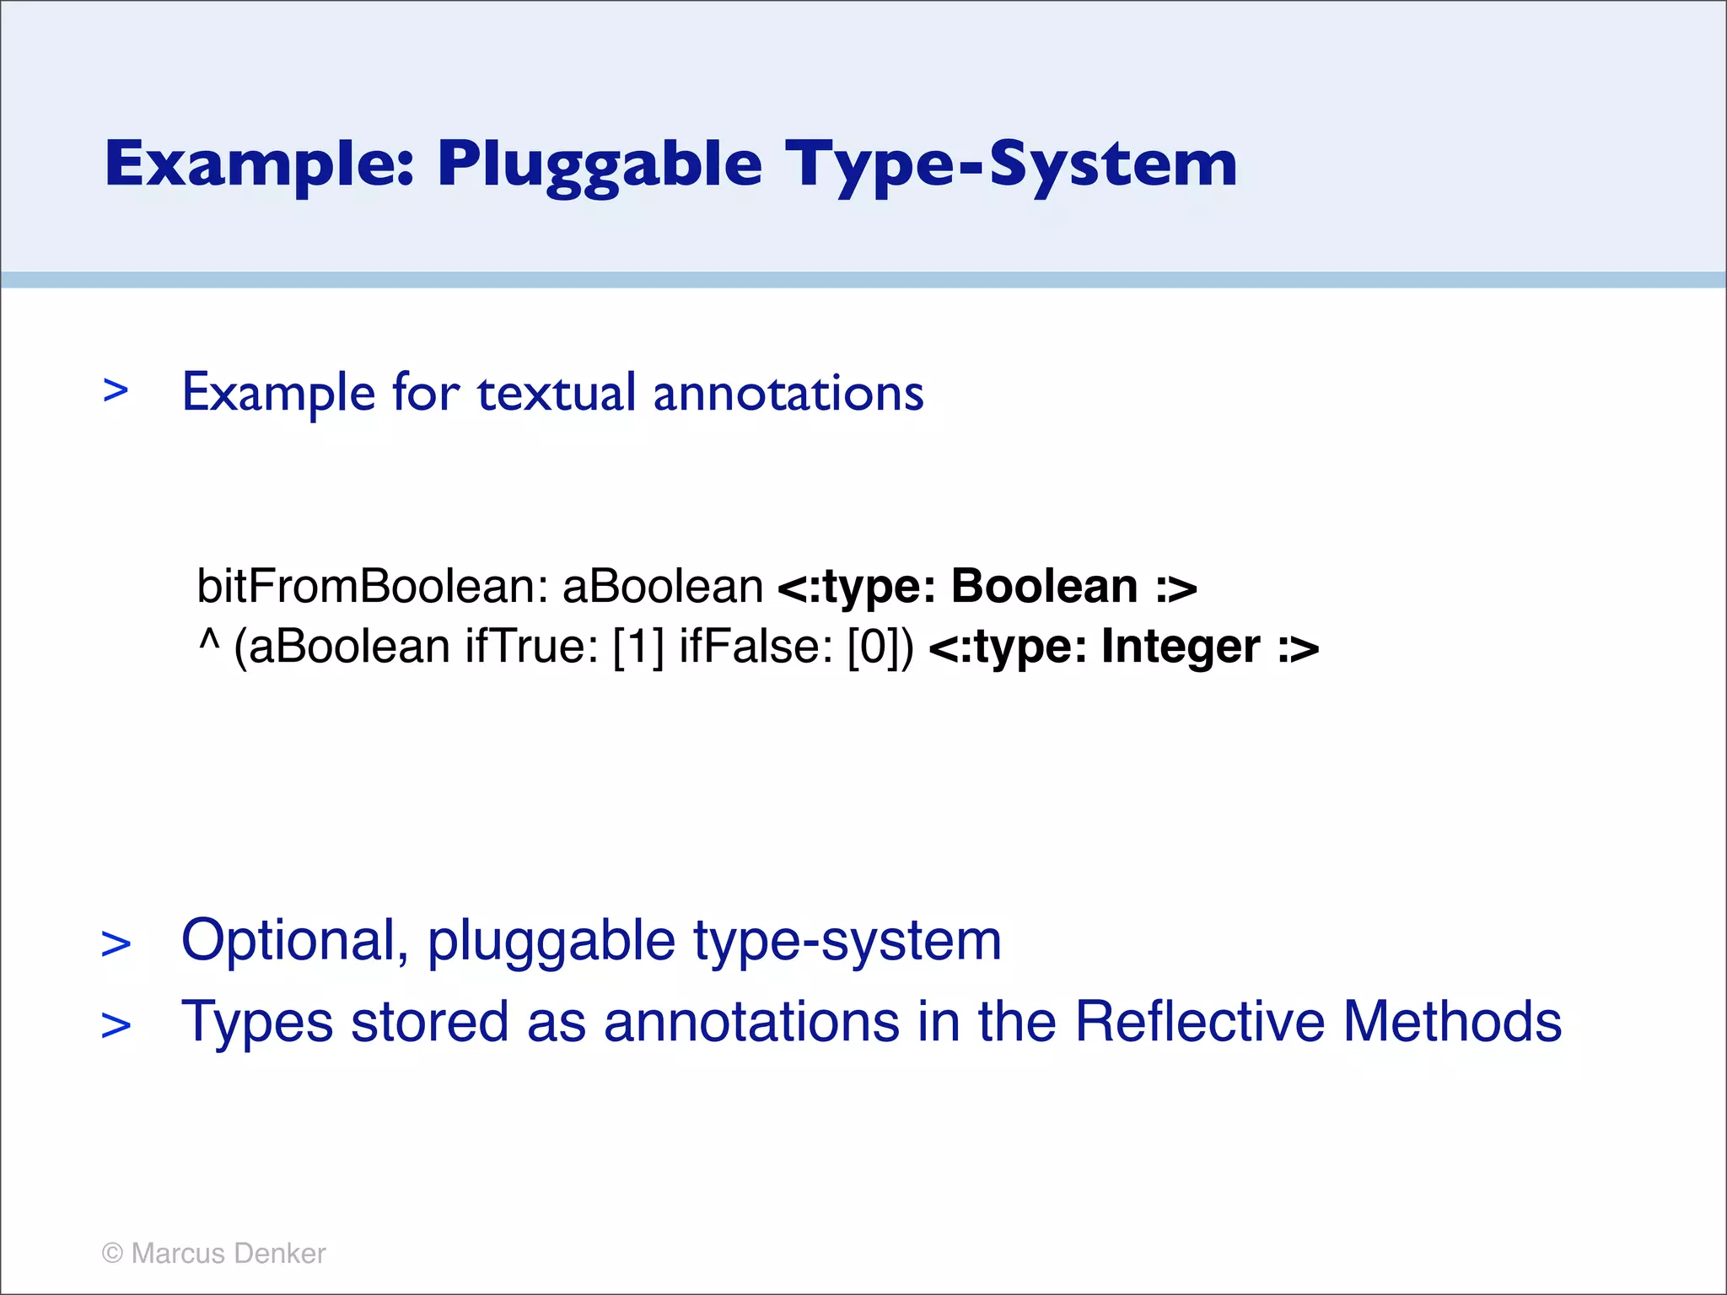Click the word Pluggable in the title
tap(600, 164)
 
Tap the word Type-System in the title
tap(1011, 164)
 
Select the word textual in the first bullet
tap(557, 393)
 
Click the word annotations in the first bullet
tap(788, 393)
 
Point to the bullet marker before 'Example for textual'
tap(116, 390)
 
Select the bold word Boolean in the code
tap(1044, 586)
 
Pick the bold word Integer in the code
tap(1181, 647)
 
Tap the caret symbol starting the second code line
tap(208, 642)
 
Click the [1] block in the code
tap(638, 647)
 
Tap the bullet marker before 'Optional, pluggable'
tap(116, 943)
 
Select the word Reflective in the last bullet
tap(1200, 1022)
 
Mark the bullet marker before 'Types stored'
tap(116, 1025)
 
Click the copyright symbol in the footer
tap(112, 1254)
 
